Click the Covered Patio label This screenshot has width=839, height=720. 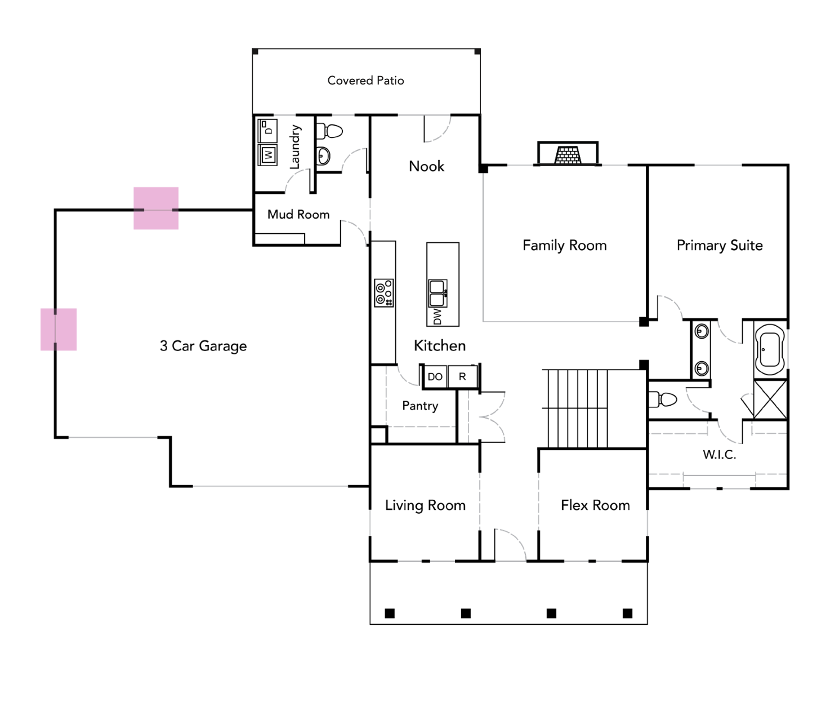coord(365,81)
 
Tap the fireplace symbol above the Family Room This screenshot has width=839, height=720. coord(568,154)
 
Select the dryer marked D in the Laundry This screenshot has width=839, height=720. coord(267,130)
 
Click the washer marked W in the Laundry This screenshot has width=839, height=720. coord(268,154)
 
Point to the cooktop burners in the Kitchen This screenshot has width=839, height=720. coord(384,293)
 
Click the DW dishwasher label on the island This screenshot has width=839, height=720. coord(438,316)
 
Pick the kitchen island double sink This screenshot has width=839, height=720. coord(438,293)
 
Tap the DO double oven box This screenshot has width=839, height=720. coord(435,377)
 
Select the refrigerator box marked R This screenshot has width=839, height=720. coord(462,377)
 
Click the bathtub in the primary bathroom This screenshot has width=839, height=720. coord(770,349)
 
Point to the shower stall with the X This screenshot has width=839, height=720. coord(770,399)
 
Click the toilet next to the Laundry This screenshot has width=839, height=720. coord(330,132)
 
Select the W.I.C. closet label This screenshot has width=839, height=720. coord(719,455)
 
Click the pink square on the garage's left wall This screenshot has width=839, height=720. coord(59,330)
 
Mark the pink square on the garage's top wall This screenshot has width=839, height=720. coord(156,208)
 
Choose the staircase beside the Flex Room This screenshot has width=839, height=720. coord(575,408)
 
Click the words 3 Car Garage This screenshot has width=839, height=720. coord(203,346)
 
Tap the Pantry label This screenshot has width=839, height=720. coord(420,406)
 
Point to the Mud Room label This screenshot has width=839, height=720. coord(298,215)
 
